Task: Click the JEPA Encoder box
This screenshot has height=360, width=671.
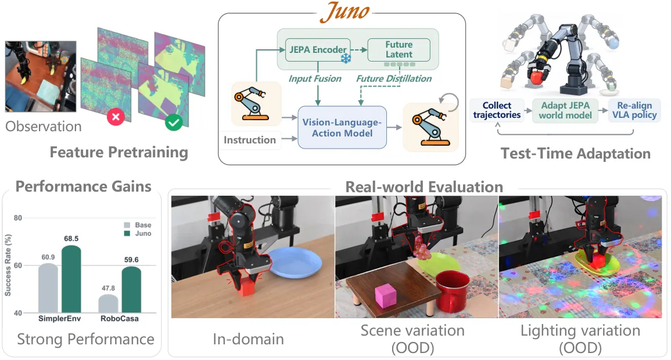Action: pos(318,49)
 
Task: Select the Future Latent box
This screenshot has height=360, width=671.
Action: pos(399,49)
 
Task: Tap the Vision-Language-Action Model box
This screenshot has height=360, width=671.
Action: pos(342,127)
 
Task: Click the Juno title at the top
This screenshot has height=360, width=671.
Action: pos(345,12)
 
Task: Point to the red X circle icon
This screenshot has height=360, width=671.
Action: pos(116,117)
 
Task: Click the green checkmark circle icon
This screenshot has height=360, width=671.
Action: pos(174,123)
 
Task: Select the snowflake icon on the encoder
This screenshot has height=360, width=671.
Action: pos(346,59)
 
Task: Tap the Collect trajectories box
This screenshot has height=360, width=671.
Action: pos(497,110)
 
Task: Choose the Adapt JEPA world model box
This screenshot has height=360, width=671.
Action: pos(565,110)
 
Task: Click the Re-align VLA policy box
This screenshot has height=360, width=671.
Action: pos(634,110)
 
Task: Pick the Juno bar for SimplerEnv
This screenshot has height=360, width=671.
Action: pos(71,279)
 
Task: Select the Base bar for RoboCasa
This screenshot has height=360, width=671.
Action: pos(108,304)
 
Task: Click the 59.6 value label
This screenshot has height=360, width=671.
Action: pos(131,260)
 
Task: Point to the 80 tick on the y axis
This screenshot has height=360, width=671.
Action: pos(17,218)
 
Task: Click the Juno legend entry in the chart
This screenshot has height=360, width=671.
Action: pos(138,233)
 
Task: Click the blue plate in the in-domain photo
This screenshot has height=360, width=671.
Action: pos(295,262)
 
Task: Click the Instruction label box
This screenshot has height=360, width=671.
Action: pos(250,140)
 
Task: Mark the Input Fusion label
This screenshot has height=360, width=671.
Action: pos(314,78)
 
